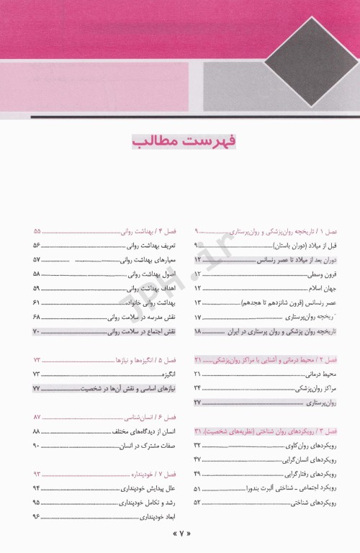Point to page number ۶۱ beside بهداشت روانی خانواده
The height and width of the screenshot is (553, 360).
tap(37, 302)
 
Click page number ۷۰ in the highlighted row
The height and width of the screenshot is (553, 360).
tap(37, 331)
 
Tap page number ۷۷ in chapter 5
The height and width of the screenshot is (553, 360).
tap(37, 388)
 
